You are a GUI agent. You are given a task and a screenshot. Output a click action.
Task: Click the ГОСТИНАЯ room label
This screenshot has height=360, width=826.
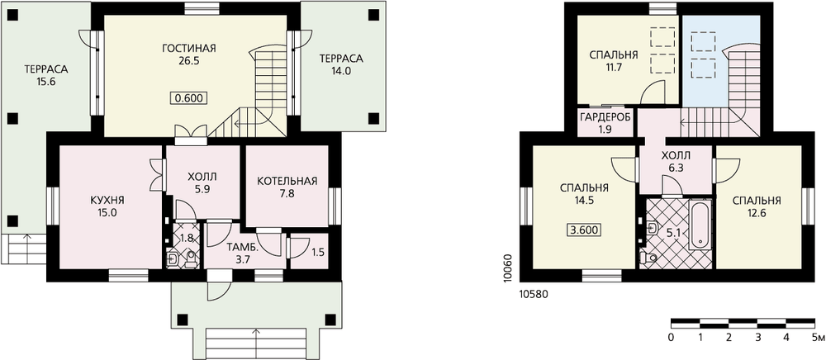[189, 49]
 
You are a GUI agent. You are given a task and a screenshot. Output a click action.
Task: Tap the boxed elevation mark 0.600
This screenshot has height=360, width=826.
[188, 98]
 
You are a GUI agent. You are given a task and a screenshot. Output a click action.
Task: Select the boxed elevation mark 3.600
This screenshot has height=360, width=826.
[585, 230]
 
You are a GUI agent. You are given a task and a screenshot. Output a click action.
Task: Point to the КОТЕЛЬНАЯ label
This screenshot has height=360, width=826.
[287, 182]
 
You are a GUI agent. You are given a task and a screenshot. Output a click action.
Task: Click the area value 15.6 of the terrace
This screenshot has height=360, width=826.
[46, 82]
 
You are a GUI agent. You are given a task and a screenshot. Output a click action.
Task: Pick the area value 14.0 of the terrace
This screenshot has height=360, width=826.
[341, 69]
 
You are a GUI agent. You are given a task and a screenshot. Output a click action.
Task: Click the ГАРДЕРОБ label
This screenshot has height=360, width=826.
[605, 117]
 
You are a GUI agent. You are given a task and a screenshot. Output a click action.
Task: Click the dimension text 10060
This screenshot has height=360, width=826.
[507, 268]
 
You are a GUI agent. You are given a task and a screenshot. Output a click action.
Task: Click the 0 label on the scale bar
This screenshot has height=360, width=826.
[671, 337]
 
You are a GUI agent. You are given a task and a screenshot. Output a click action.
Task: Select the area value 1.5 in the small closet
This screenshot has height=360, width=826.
[318, 252]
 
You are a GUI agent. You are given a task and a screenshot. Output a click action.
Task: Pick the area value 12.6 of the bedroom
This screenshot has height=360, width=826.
[756, 213]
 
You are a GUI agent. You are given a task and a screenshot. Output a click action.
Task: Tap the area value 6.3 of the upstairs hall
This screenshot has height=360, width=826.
[676, 168]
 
